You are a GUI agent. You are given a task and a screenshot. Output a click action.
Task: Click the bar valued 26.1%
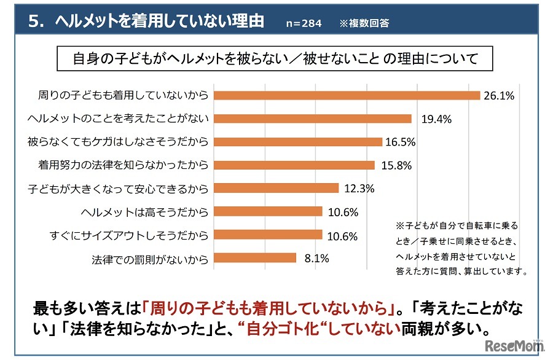pos(346,95)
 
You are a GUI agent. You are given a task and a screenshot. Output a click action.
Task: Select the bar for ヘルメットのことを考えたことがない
pos(312,119)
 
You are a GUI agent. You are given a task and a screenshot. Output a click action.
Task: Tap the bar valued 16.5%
pos(297,142)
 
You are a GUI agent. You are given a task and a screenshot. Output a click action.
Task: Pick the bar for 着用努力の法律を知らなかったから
pos(294,165)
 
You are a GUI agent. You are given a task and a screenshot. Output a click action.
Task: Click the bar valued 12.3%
pos(276,188)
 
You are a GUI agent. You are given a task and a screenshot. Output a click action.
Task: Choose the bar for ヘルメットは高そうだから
pos(267,211)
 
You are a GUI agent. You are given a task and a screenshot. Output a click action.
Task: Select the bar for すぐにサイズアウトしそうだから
pos(267,235)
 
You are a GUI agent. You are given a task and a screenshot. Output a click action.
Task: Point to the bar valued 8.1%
pos(254,258)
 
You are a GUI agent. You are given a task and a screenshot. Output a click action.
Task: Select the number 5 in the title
pos(34,22)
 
